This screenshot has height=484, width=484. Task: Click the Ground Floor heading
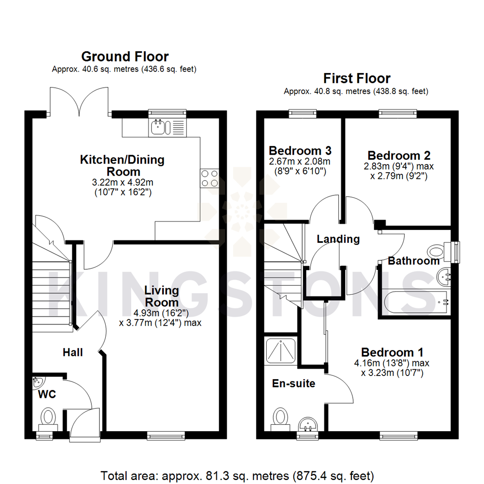pyautogui.click(x=125, y=57)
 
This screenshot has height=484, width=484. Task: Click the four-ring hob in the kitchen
pyautogui.click(x=209, y=178)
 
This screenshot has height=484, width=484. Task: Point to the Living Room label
pyautogui.click(x=161, y=296)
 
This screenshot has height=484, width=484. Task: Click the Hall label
pyautogui.click(x=73, y=353)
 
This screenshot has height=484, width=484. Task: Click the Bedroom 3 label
pyautogui.click(x=300, y=150)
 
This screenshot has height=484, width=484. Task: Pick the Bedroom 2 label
pyautogui.click(x=399, y=156)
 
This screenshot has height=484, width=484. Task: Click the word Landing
pyautogui.click(x=338, y=239)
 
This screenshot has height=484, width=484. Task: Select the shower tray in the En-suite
pyautogui.click(x=281, y=350)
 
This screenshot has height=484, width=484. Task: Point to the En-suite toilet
pyautogui.click(x=280, y=417)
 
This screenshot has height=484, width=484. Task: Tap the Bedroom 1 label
pyautogui.click(x=393, y=352)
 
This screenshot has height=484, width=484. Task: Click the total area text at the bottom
pyautogui.click(x=238, y=475)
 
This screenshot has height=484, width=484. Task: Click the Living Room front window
pyautogui.click(x=165, y=435)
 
